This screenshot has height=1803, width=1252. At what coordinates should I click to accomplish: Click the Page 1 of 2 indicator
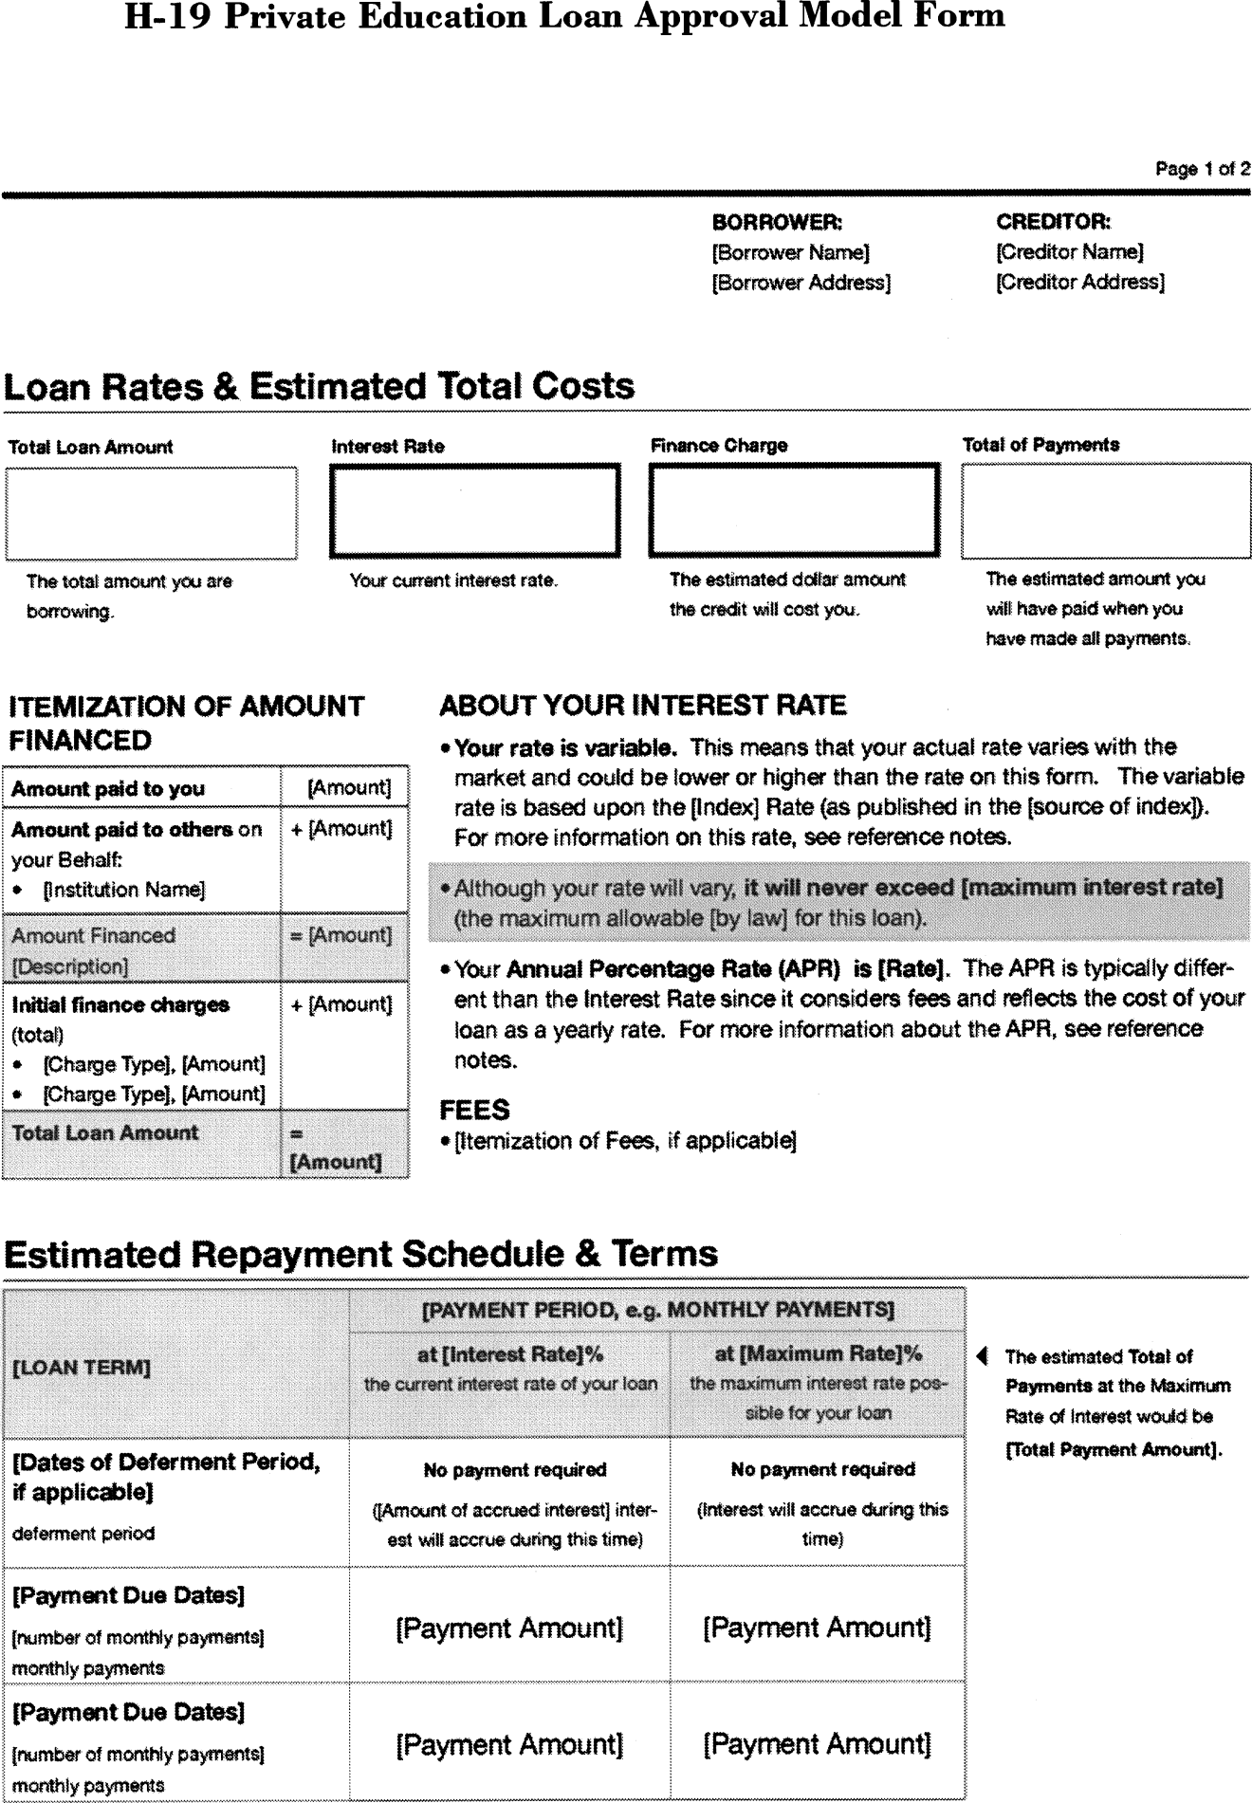tap(1202, 169)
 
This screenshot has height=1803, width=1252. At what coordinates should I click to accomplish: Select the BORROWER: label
tap(777, 222)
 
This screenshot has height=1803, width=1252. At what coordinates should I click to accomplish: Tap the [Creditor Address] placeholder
tap(1079, 282)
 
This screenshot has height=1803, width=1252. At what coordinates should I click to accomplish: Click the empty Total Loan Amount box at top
tap(151, 513)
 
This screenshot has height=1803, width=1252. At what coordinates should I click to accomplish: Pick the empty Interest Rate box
tap(474, 510)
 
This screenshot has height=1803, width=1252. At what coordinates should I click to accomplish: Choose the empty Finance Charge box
tap(794, 510)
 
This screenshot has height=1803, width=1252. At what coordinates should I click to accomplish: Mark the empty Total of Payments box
tap(1105, 511)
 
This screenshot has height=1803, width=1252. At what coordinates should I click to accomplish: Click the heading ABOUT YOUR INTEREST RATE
tap(642, 706)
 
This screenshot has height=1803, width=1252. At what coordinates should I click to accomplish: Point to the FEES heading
tap(474, 1110)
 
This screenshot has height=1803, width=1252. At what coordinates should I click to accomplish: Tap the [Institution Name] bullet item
tap(123, 890)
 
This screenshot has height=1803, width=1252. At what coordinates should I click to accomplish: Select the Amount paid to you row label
tap(108, 788)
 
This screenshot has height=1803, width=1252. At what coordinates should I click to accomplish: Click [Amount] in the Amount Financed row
tap(343, 935)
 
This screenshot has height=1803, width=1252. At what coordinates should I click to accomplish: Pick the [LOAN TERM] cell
tap(82, 1368)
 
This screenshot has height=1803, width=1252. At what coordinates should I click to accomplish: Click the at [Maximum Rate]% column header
tap(818, 1353)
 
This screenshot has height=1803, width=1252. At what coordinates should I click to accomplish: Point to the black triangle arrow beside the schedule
tap(983, 1356)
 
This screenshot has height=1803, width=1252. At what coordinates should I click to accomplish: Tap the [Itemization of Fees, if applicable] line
tap(624, 1140)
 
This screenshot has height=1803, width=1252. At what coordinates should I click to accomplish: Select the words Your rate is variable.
tap(565, 747)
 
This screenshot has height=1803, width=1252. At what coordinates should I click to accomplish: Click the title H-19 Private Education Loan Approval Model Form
tap(564, 16)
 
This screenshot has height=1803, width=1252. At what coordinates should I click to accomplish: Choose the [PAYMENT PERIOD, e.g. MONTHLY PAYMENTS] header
tap(657, 1310)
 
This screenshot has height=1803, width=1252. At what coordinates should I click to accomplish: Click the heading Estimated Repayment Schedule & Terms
tap(360, 1254)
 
